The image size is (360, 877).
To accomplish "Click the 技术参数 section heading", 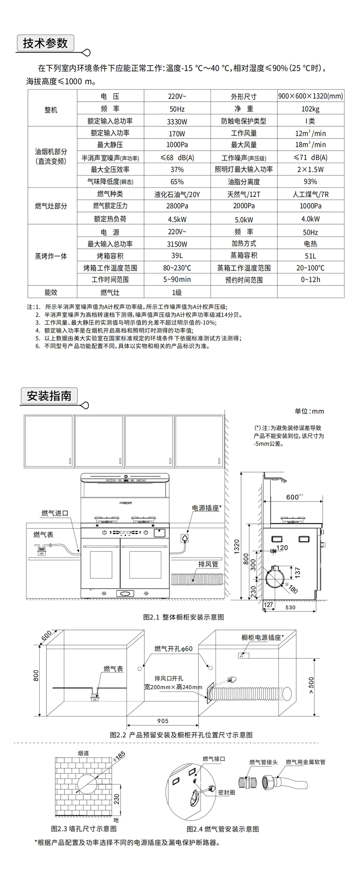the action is (x=45, y=43).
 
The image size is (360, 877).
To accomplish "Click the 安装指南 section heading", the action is (x=49, y=395).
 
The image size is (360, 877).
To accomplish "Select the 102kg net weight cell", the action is (x=310, y=109).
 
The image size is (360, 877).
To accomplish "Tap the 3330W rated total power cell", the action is (x=177, y=121).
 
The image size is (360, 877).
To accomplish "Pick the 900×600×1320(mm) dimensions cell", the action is (x=310, y=96).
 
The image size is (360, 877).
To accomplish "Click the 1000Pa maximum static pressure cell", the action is (x=177, y=145).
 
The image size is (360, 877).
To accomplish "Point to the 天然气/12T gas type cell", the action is (x=243, y=194).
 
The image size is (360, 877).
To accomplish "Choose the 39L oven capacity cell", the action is (x=177, y=256).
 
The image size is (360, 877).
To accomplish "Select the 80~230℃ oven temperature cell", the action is (x=177, y=268).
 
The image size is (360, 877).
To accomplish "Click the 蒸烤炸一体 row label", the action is (x=51, y=256).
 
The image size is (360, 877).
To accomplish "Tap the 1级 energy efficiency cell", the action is (x=177, y=292).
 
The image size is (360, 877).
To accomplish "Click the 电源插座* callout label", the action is (x=206, y=508).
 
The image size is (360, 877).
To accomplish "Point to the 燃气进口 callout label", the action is (x=55, y=513).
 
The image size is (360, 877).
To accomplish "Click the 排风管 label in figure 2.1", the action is (x=208, y=564).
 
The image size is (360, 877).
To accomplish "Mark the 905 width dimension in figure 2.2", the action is (x=162, y=721).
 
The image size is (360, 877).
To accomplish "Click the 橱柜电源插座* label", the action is (x=262, y=637).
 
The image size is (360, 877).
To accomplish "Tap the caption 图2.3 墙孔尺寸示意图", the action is (x=84, y=828).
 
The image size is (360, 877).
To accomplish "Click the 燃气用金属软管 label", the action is (x=305, y=762).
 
